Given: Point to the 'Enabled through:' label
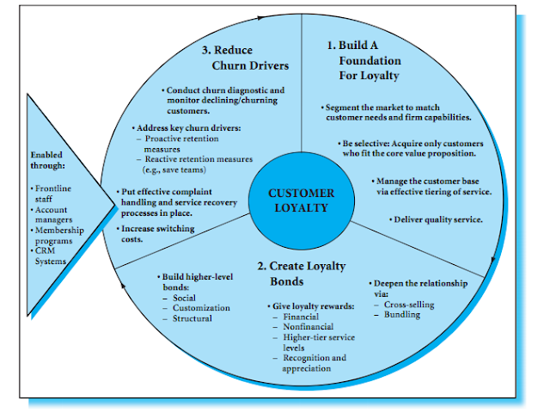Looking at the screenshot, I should [x=51, y=161].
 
